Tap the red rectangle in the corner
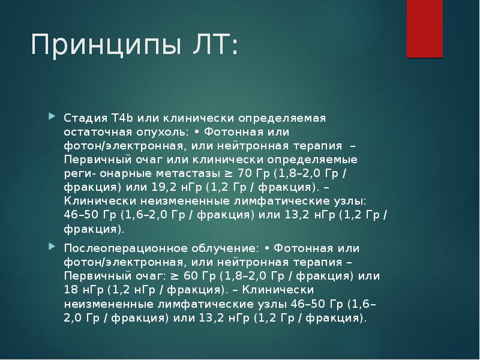coord(425,28)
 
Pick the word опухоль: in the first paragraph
coord(160,131)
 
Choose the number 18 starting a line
coord(70,290)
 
